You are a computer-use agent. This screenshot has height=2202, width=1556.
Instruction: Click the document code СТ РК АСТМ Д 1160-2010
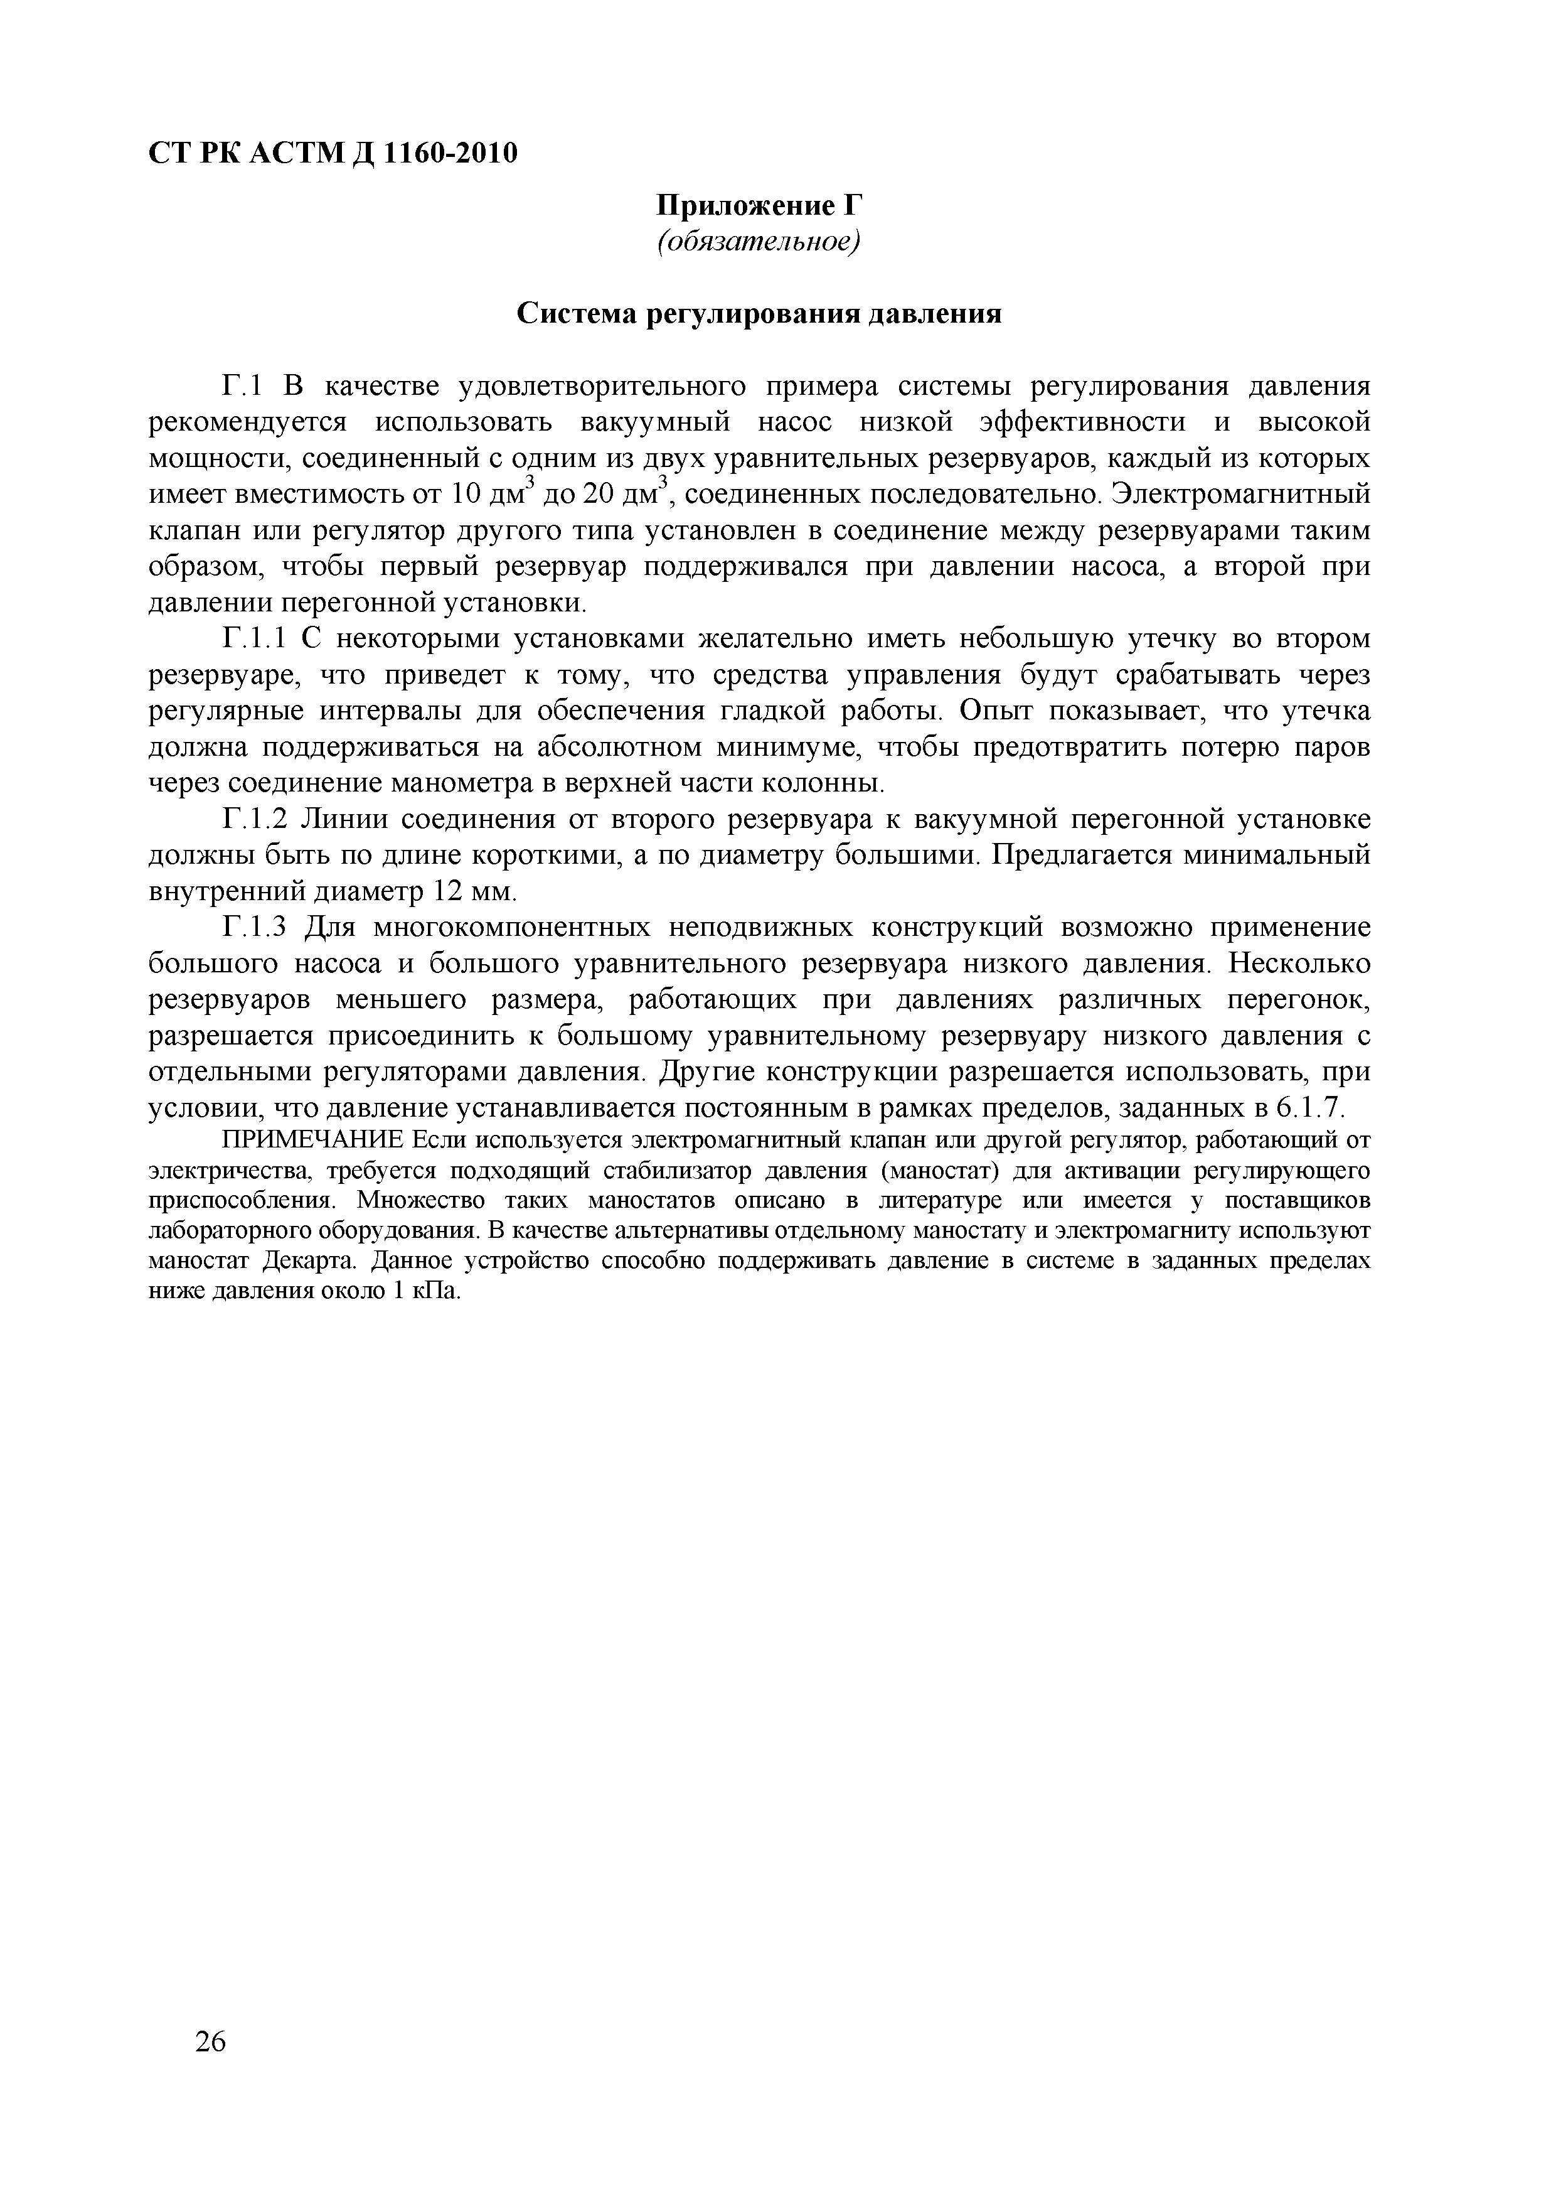333,153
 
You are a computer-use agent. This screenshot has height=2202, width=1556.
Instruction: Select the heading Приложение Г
759,205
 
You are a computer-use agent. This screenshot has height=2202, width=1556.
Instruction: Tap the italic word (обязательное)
759,242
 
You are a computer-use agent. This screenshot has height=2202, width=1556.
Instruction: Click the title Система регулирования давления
759,314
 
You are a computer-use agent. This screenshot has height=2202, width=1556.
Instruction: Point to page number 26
210,2069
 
